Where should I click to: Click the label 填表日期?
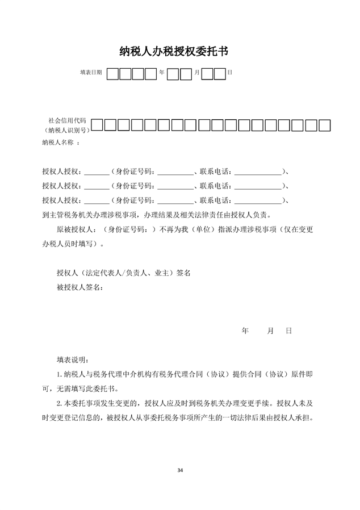pos(91,73)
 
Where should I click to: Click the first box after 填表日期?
pos(113,74)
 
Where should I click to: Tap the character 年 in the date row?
pos(162,73)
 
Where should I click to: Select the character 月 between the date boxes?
pos(196,73)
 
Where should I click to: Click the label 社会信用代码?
pos(67,120)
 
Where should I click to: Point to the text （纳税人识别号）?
pos(66,131)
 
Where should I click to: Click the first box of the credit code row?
pos(97,125)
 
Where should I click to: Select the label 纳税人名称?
pos(58,143)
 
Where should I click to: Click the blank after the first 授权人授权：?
pos(97,172)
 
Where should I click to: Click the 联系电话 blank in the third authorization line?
pos(257,201)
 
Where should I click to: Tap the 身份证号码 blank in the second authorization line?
pos(175,186)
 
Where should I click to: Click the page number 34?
pos(180,470)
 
